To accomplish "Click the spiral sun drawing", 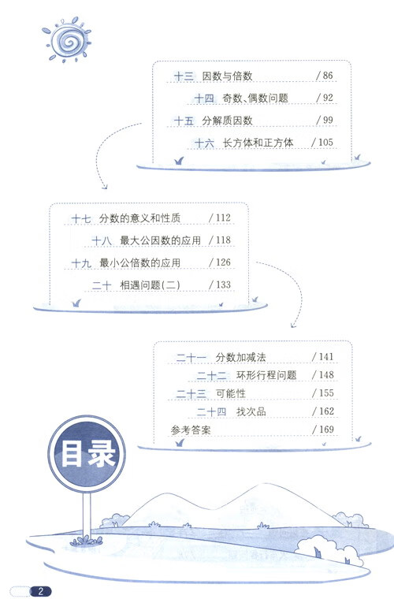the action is coord(67,39).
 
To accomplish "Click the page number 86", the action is coord(328,76).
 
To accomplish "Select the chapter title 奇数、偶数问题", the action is coord(255,99).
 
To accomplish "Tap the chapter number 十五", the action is coord(184,121).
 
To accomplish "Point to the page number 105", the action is coord(325,143).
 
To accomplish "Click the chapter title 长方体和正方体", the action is coord(258,143).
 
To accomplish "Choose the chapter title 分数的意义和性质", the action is coord(139,218).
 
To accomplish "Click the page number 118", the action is coord(223,240).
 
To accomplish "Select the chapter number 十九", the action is coord(81,262).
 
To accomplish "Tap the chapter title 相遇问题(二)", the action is coord(150,285).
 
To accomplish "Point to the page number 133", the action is coord(223,285).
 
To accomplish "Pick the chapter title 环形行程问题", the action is coord(266,375).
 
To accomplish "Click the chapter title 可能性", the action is coord(231,393).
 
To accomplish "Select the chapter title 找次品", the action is coord(251,411).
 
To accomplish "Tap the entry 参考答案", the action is coord(191,430).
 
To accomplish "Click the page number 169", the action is coord(326,430).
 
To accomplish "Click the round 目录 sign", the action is coord(87,453).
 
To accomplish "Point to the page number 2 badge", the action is coord(40,591).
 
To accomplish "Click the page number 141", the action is coord(326,357).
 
